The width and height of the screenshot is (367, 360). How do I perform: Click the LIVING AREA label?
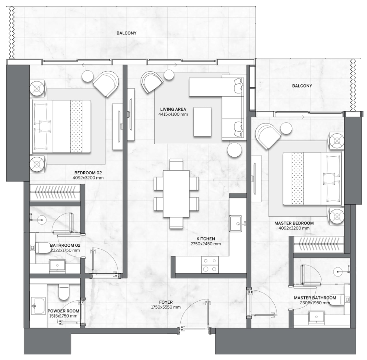pyautogui.click(x=173, y=109)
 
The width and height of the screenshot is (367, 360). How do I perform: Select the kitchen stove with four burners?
pyautogui.click(x=209, y=265)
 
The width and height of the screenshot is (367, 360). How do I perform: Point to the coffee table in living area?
pyautogui.click(x=202, y=122)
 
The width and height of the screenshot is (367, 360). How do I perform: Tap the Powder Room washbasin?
pyautogui.click(x=38, y=306)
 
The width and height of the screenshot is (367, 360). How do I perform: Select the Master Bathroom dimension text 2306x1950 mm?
pyautogui.click(x=315, y=303)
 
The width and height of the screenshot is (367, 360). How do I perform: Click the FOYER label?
pyautogui.click(x=166, y=302)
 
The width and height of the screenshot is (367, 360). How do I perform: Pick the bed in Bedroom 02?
pyautogui.click(x=61, y=126)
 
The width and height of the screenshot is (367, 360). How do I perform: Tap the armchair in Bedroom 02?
pyautogui.click(x=106, y=84)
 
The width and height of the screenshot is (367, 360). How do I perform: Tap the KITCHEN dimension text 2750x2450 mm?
pyautogui.click(x=205, y=244)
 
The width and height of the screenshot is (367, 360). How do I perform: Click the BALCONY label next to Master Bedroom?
pyautogui.click(x=302, y=86)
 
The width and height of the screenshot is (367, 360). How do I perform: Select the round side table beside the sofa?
pyautogui.click(x=235, y=150)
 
